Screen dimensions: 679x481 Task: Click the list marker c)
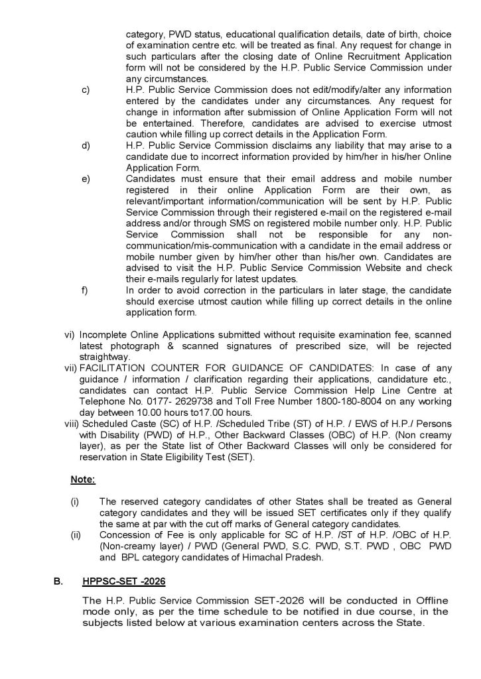pyautogui.click(x=86, y=90)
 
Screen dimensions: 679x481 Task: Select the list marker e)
pyautogui.click(x=86, y=178)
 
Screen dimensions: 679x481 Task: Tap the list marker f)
pyautogui.click(x=85, y=290)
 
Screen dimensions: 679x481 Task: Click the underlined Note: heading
pyautogui.click(x=84, y=479)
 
